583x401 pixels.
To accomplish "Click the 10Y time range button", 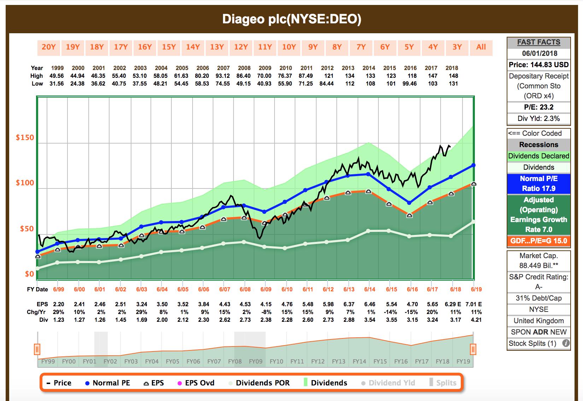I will (x=289, y=47).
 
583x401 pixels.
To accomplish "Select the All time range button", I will (x=481, y=47).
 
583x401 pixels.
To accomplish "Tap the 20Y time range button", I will (x=49, y=47).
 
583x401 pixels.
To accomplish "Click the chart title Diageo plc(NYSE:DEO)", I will (x=291, y=19).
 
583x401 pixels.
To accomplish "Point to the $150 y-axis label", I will (x=25, y=138).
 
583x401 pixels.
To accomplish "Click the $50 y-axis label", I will (x=27, y=229).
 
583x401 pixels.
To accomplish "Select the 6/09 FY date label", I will (x=266, y=289).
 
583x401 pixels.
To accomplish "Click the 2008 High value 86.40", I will (x=243, y=76).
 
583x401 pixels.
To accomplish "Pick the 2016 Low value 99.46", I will (x=410, y=84).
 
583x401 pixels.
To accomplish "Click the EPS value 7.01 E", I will (x=473, y=304).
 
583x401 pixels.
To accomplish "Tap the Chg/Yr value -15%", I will (x=412, y=312).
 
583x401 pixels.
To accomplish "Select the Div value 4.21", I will (x=476, y=320).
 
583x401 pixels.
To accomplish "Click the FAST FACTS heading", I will (x=538, y=42).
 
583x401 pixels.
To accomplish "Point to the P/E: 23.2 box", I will (x=538, y=107).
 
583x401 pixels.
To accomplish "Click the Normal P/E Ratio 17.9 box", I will (x=538, y=184).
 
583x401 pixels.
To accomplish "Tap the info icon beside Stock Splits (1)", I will (x=566, y=343).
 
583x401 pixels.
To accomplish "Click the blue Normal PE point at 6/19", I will (x=473, y=165).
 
